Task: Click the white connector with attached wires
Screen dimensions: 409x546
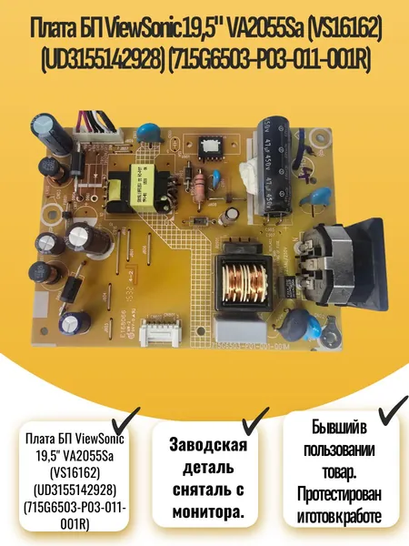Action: (98, 134)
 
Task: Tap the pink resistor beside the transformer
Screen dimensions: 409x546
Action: (200, 187)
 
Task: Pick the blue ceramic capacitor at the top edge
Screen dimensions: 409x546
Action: (150, 134)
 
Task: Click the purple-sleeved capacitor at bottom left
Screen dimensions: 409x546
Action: (75, 324)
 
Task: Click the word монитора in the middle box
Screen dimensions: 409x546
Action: (207, 512)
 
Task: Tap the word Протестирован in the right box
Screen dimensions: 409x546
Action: (339, 494)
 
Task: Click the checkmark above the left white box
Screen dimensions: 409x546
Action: (125, 420)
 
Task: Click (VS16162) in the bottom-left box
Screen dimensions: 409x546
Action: (75, 473)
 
